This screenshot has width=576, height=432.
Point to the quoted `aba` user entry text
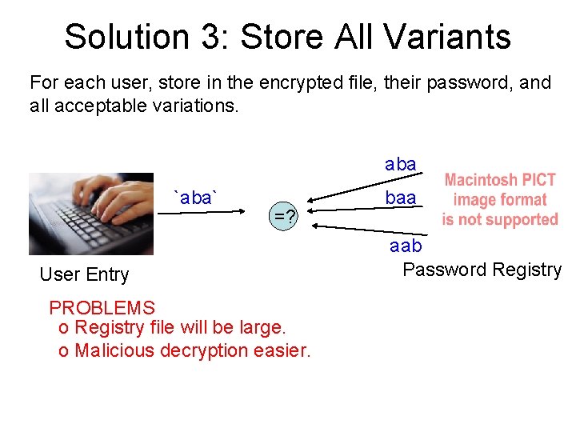[x=198, y=198]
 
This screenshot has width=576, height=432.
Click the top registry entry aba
[x=400, y=164]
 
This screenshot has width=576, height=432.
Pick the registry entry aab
[x=406, y=246]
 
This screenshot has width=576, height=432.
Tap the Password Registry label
[x=482, y=270]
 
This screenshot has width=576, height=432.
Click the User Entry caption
[x=84, y=274]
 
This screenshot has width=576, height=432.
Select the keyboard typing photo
[x=90, y=214]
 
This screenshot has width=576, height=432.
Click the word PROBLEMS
[x=102, y=307]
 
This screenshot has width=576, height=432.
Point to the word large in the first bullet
[x=259, y=328]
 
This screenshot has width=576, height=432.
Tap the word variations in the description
[x=194, y=105]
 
